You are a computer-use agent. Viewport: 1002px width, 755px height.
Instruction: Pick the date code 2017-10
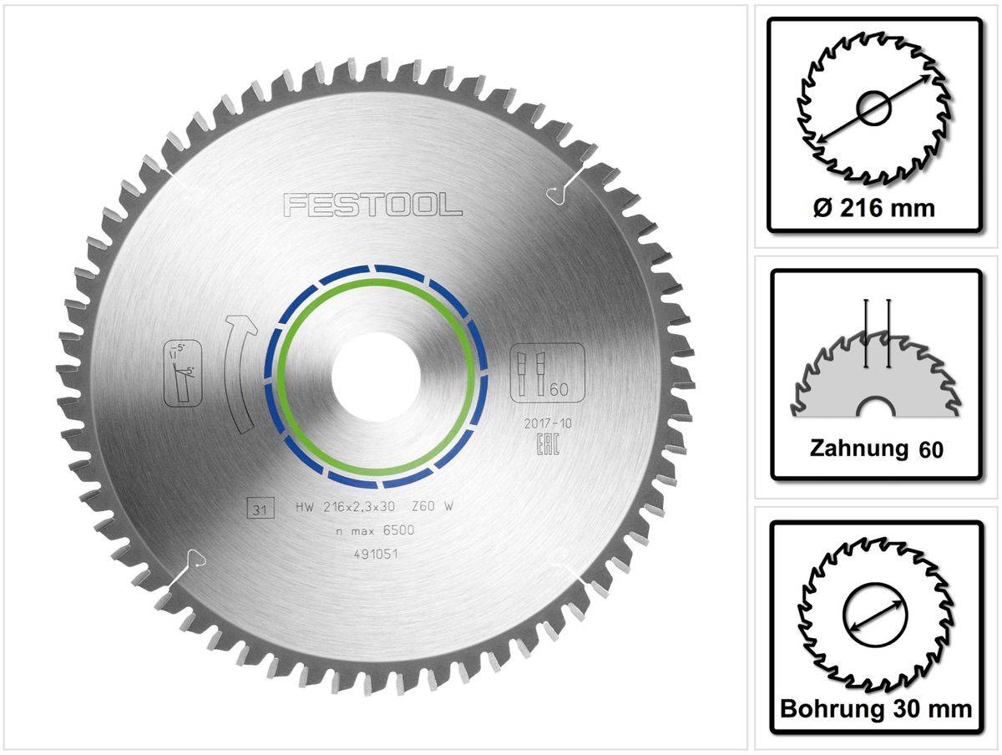[x=547, y=425]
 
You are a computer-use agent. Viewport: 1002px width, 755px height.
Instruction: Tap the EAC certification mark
[x=547, y=445]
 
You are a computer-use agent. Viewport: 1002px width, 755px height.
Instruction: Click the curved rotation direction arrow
[x=238, y=372]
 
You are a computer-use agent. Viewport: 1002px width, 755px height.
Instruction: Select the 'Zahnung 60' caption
[x=876, y=448]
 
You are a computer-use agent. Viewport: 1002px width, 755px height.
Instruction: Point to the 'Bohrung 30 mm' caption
[x=876, y=709]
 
